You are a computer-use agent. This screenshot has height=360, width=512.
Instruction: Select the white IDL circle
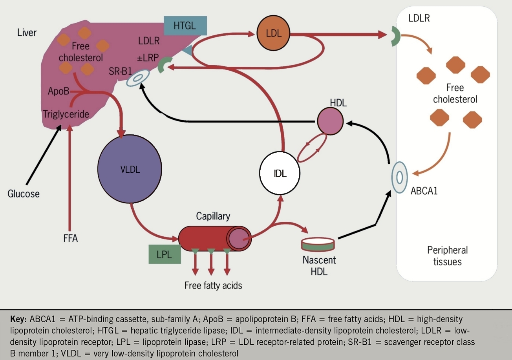click(280, 173)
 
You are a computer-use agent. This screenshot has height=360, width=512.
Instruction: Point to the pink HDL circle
click(330, 122)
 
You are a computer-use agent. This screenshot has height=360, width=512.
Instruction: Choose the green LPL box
click(165, 254)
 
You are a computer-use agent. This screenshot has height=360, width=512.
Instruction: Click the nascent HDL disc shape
click(318, 244)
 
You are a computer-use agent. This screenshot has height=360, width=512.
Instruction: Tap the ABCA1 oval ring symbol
click(399, 177)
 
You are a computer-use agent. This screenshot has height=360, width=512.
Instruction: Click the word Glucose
click(24, 193)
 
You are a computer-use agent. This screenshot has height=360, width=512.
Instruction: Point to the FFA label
click(71, 238)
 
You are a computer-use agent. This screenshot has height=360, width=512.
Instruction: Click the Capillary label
click(213, 216)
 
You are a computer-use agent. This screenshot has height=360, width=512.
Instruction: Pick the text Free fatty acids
click(213, 285)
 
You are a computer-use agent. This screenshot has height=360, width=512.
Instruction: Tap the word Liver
click(27, 32)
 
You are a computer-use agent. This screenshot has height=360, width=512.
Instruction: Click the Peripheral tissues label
click(447, 256)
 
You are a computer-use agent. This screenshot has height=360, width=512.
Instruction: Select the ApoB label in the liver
click(59, 91)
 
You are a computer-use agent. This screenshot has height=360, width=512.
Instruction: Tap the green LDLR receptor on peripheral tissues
click(395, 37)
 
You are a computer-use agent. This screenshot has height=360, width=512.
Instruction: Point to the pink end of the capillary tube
click(239, 238)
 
